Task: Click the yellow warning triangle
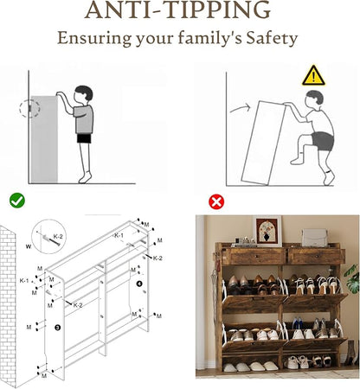pyautogui.click(x=313, y=76)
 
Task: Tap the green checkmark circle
pyautogui.click(x=17, y=201)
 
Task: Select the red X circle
pyautogui.click(x=216, y=202)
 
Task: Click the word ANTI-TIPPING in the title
pyautogui.click(x=177, y=10)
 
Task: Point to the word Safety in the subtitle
pyautogui.click(x=272, y=38)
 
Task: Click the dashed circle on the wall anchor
pyautogui.click(x=29, y=108)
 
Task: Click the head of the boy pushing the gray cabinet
pyautogui.click(x=83, y=95)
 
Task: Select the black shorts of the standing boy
pyautogui.click(x=84, y=138)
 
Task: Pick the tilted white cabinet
pyautogui.click(x=263, y=143)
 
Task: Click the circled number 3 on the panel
pyautogui.click(x=58, y=328)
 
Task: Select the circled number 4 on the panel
pyautogui.click(x=139, y=284)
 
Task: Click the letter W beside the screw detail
pyautogui.click(x=29, y=246)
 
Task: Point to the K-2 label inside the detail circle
pyautogui.click(x=58, y=237)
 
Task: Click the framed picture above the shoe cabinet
pyautogui.click(x=267, y=231)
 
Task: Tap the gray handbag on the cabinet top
pyautogui.click(x=315, y=238)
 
